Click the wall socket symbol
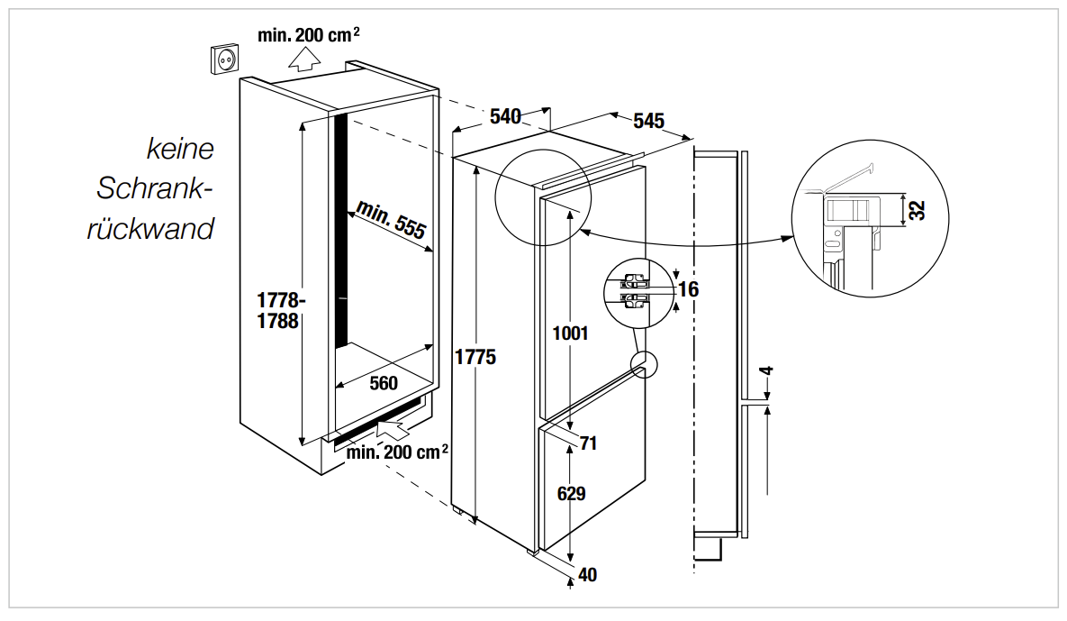(225, 59)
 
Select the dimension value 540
(505, 116)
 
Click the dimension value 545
(648, 121)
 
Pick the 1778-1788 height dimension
(278, 310)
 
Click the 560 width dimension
(383, 383)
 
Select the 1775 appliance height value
(475, 357)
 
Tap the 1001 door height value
(570, 333)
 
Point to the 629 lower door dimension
(571, 493)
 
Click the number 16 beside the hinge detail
(689, 289)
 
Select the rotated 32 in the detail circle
(917, 210)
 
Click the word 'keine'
(180, 147)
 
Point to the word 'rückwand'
(150, 228)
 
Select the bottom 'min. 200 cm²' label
(397, 452)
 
